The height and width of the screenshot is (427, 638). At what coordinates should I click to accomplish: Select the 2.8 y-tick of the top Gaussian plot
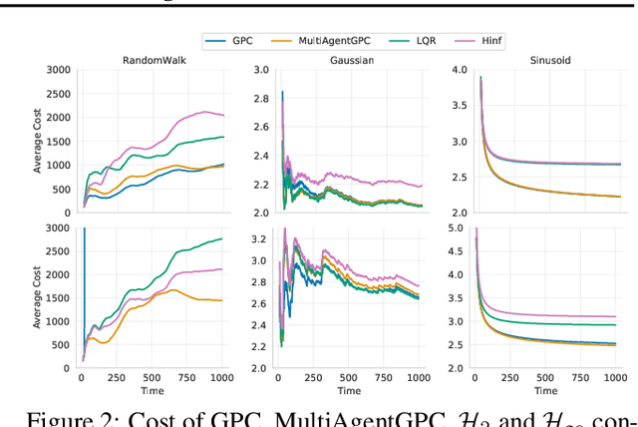(x=259, y=98)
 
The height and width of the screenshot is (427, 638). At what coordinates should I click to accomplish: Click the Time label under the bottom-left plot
(x=152, y=392)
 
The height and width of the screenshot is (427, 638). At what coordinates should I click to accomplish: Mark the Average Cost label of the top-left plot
(x=38, y=141)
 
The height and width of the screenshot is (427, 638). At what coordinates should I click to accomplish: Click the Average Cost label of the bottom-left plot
(x=38, y=298)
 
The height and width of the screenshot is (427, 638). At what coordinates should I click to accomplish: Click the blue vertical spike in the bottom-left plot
(x=84, y=289)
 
